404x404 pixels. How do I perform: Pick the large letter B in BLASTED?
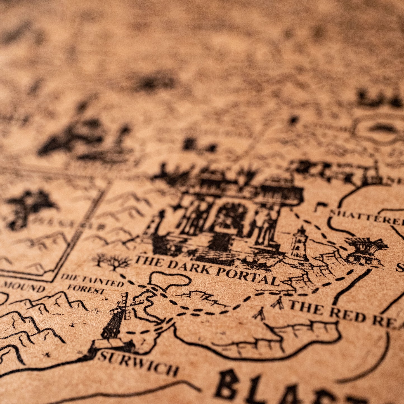[x=227, y=384]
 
